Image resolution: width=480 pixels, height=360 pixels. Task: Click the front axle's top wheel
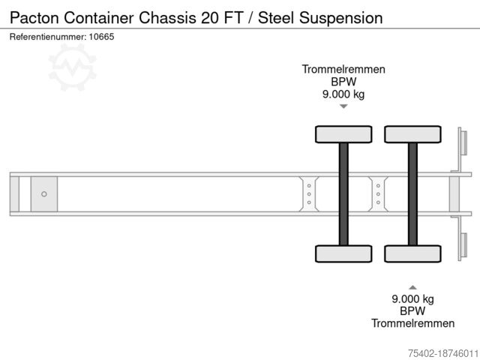(x=343, y=134)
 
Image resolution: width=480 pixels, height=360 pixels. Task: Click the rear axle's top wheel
(x=412, y=134)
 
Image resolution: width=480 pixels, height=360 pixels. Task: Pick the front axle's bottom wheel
(x=343, y=253)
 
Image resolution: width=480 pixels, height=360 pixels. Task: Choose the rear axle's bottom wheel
(x=412, y=253)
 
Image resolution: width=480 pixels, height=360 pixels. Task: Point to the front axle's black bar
(x=343, y=193)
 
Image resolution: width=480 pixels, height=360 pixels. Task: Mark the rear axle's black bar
(x=412, y=193)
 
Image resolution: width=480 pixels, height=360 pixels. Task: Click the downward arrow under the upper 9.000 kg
(x=343, y=106)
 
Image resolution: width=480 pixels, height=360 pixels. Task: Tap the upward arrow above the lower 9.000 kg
(x=412, y=286)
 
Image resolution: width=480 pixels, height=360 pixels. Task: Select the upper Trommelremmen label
(x=343, y=70)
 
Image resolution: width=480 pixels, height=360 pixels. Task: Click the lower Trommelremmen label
(x=412, y=323)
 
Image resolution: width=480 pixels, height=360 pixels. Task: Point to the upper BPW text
(x=343, y=82)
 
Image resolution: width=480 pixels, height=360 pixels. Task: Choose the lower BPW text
(x=412, y=310)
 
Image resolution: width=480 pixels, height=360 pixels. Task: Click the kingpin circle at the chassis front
(x=43, y=194)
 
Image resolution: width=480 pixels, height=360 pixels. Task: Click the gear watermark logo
(x=72, y=67)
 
